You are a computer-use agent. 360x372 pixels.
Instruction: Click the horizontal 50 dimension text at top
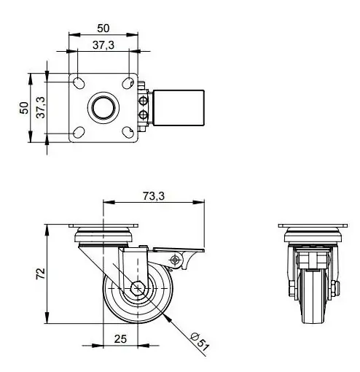tap(103, 28)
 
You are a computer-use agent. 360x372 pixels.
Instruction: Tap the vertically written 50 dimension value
tap(23, 107)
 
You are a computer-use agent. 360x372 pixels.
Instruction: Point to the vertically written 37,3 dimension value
tap(42, 108)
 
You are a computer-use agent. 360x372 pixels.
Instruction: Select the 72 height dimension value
tap(41, 274)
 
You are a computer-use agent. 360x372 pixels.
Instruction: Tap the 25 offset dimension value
tap(121, 338)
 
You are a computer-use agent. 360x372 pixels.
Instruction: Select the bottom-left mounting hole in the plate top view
tap(77, 132)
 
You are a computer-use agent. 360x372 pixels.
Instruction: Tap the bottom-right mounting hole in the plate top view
tap(129, 132)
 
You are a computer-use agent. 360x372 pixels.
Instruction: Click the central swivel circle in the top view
tap(103, 107)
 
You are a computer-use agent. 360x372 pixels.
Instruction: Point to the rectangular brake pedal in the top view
tap(177, 106)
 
